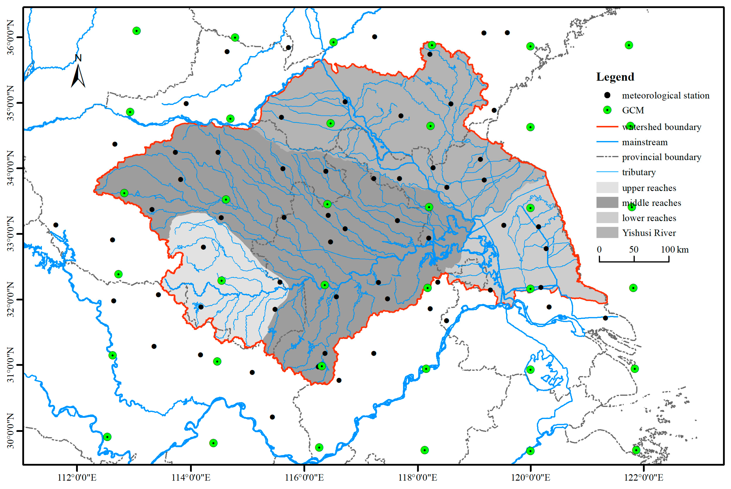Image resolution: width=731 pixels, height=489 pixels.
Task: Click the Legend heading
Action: click(615, 77)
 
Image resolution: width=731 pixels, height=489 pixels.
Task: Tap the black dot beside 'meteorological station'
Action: click(607, 95)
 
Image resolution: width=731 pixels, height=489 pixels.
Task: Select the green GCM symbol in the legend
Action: click(607, 110)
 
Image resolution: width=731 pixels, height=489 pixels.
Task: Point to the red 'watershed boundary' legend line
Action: click(607, 127)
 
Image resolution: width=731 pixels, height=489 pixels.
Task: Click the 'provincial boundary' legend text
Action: click(661, 157)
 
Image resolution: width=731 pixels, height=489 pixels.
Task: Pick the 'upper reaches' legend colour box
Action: click(607, 188)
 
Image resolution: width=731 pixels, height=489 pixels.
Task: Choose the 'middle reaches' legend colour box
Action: click(607, 203)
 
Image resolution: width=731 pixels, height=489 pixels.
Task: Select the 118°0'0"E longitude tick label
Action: click(417, 477)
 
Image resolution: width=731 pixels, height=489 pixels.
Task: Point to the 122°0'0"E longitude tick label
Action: click(644, 477)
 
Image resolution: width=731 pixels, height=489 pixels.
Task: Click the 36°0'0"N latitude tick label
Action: click(11, 37)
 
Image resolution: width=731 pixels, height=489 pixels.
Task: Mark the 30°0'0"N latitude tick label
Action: click(11, 431)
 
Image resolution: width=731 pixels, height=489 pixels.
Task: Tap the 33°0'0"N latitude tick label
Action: click(11, 234)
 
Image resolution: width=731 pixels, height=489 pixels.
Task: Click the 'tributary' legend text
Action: click(639, 172)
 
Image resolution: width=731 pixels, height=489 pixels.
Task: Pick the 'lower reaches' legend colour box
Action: click(607, 218)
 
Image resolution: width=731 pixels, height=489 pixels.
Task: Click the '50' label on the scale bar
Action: click(633, 249)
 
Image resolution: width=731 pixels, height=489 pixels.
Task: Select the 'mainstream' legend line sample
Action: click(607, 142)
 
